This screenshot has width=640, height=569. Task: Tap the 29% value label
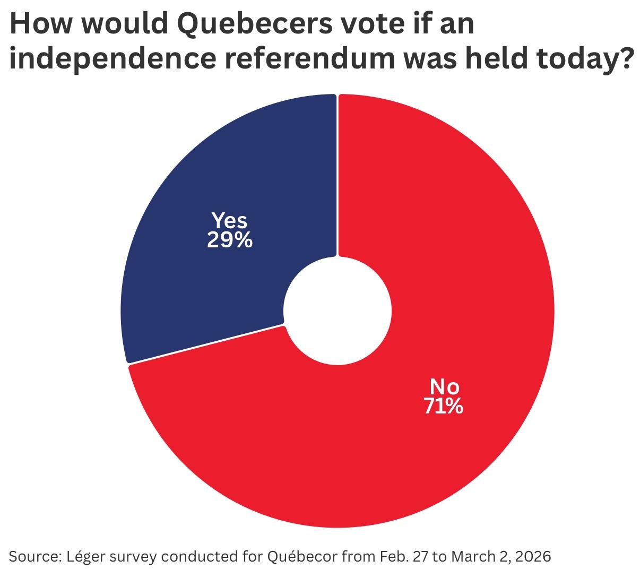pyautogui.click(x=229, y=241)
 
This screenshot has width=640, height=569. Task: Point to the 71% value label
pyautogui.click(x=443, y=406)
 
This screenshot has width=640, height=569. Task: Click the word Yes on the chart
pyautogui.click(x=229, y=220)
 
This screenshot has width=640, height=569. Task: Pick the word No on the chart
pyautogui.click(x=444, y=386)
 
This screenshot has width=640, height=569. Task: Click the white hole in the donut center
pyautogui.click(x=338, y=311)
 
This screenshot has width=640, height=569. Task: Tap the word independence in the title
pyautogui.click(x=109, y=58)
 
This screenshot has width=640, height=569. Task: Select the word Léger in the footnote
pyautogui.click(x=85, y=556)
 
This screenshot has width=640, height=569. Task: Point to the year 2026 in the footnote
pyautogui.click(x=533, y=556)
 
